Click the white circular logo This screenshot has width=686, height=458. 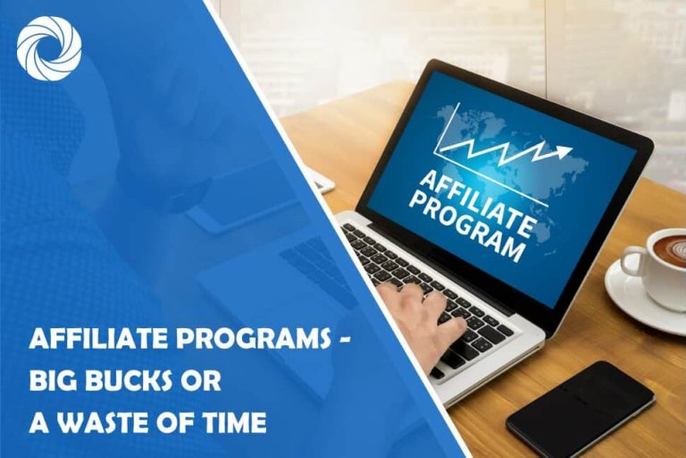pyautogui.click(x=48, y=49)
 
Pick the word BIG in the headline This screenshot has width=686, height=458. pyautogui.click(x=53, y=382)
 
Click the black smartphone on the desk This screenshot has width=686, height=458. pyautogui.click(x=580, y=408)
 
